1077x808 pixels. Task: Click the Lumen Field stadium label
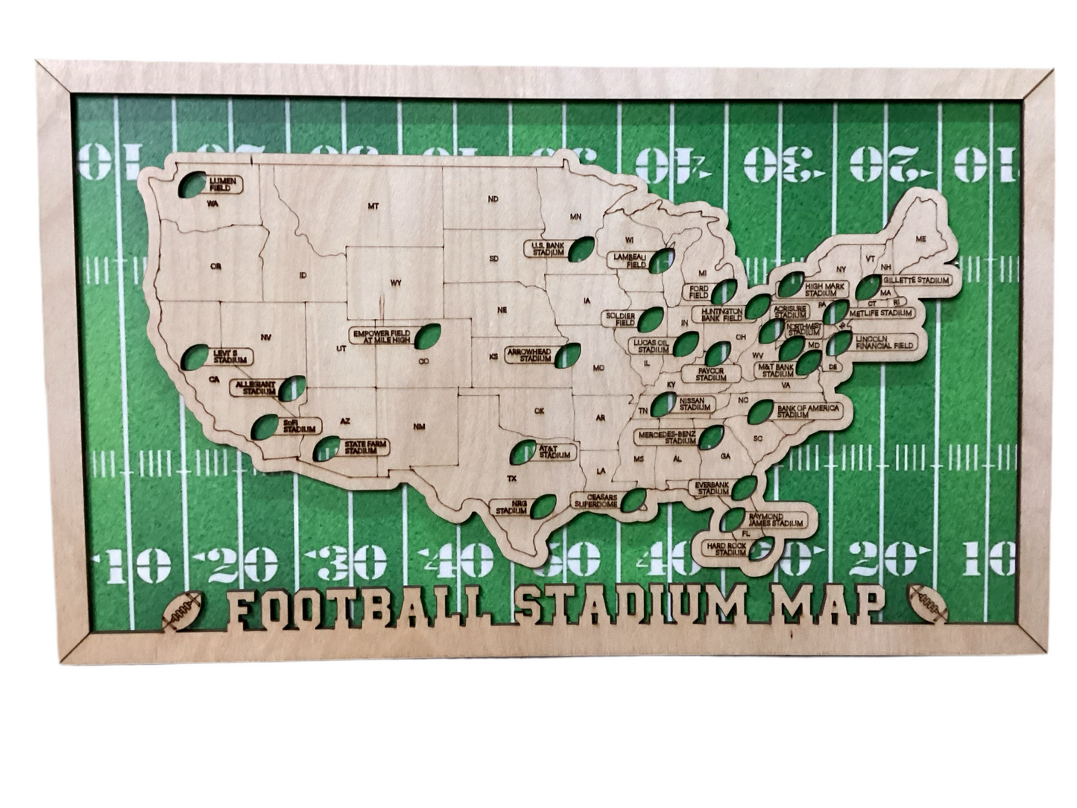click(221, 184)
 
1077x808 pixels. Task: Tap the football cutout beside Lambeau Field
click(660, 260)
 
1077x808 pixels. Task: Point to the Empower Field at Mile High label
click(382, 336)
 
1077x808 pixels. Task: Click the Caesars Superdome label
click(596, 500)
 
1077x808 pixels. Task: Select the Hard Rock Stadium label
click(727, 549)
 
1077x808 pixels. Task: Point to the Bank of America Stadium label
click(807, 411)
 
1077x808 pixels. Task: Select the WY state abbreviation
click(396, 283)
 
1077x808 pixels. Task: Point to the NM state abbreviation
click(419, 426)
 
